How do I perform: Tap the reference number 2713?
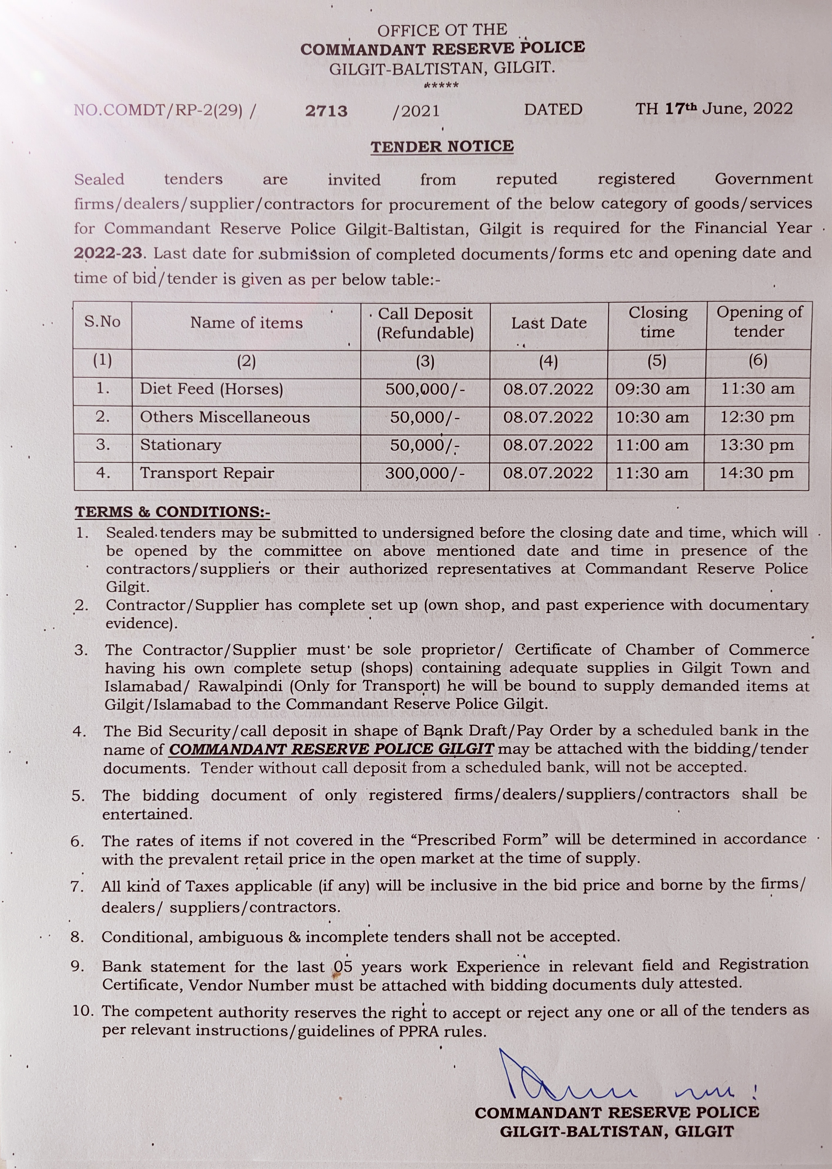point(326,111)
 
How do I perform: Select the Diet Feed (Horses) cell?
point(211,389)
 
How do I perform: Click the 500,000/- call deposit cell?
point(425,389)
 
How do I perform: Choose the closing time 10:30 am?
point(652,417)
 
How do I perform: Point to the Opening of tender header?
point(759,321)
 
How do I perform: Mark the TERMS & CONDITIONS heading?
point(172,512)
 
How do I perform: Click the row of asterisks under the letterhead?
point(441,85)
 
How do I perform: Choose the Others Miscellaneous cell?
point(225,417)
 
